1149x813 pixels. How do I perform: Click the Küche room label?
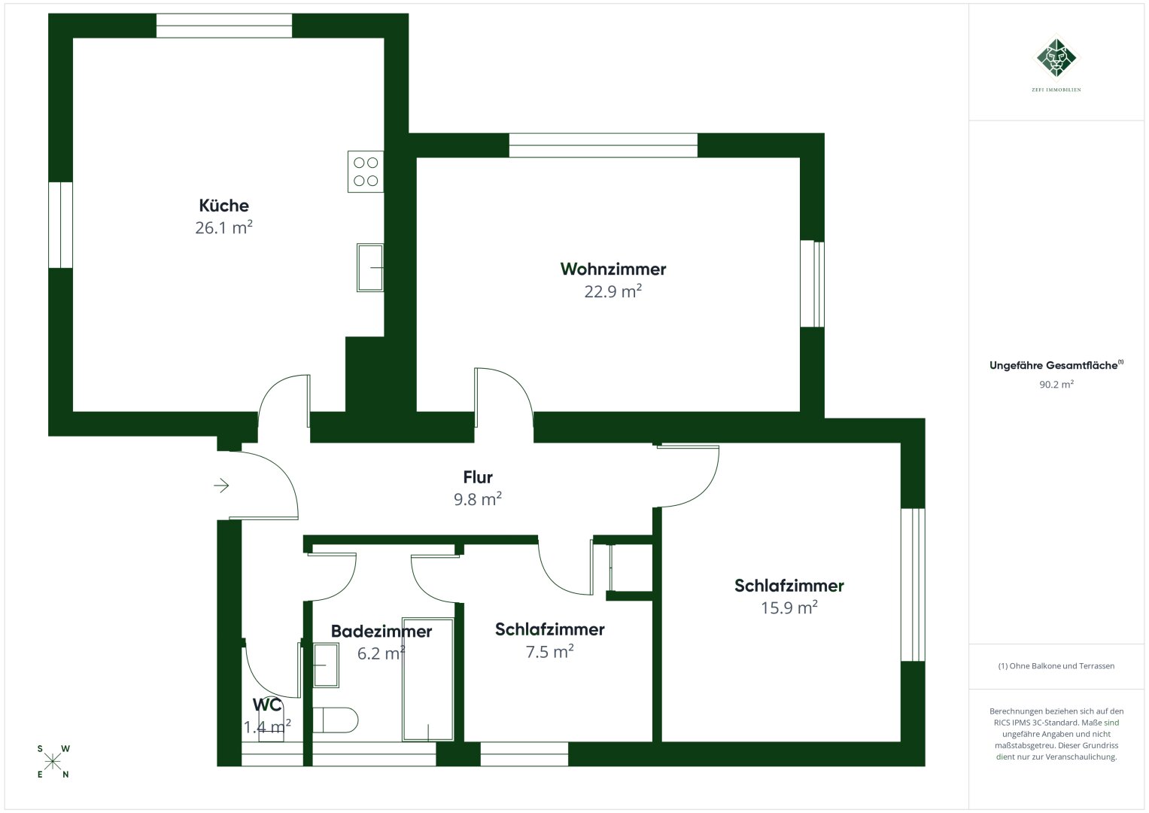pos(223,206)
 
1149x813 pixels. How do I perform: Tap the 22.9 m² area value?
pos(612,291)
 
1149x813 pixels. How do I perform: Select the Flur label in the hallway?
pos(478,477)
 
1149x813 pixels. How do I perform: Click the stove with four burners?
pos(366,172)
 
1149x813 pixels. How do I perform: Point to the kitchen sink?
pos(370,267)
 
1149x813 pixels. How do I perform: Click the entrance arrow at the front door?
pos(221,486)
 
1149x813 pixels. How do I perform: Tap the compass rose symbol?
pos(53,761)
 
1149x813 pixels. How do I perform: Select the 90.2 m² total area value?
pos(1056,384)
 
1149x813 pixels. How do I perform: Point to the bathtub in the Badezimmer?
pos(428,680)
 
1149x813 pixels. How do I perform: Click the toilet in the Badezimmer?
pos(336,720)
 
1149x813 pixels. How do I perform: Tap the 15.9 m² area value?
pos(789,607)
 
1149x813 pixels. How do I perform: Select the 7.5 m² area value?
pos(549,652)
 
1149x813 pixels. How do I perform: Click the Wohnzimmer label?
pos(613,269)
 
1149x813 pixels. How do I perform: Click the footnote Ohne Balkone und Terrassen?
pos(1056,666)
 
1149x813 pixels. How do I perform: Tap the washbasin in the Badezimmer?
pos(326,665)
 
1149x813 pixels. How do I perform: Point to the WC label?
pos(267,705)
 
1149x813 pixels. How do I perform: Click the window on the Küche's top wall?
pos(224,26)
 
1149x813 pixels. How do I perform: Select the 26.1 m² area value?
pos(223,227)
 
